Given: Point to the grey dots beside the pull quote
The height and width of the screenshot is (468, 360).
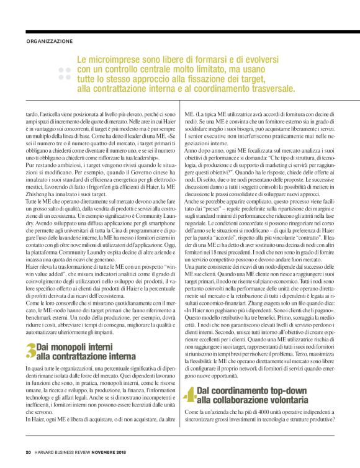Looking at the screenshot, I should [64, 74].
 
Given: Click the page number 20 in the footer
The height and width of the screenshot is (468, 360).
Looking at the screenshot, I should [29, 451].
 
